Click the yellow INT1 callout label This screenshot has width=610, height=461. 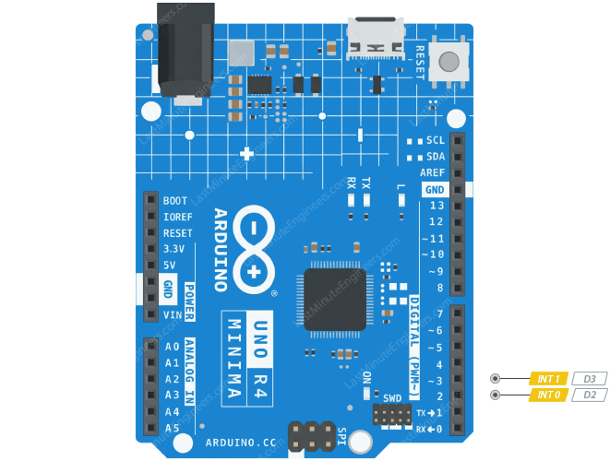click(548, 378)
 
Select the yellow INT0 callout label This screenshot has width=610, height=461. click(548, 395)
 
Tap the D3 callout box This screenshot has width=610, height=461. click(589, 378)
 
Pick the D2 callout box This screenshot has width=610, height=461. click(589, 395)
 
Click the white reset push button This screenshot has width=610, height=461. click(449, 63)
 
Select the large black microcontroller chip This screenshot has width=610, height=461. click(334, 301)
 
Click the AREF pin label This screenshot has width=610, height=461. click(432, 173)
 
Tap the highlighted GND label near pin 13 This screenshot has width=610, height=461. click(434, 189)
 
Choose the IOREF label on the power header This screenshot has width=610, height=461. click(177, 217)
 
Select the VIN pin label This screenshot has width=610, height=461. click(172, 314)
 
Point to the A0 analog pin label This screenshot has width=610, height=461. click(172, 347)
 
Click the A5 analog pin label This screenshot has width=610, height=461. click(172, 429)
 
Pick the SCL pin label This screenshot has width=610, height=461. click(436, 141)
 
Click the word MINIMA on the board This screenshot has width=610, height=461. click(234, 360)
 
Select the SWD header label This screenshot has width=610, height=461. click(393, 398)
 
